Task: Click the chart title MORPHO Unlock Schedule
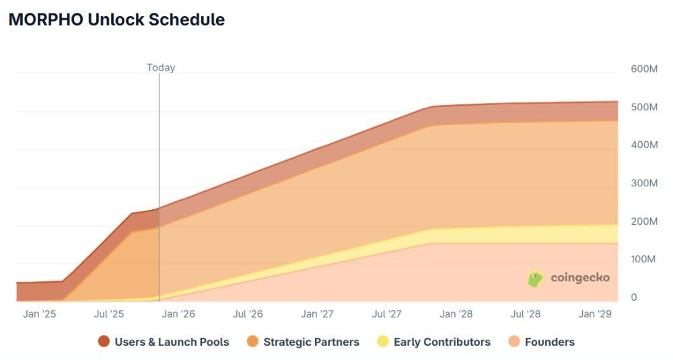[116, 20]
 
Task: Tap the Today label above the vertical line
[161, 67]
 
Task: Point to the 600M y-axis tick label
[644, 69]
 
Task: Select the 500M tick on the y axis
[644, 107]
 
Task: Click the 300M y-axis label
[644, 183]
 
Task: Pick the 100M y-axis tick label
[644, 259]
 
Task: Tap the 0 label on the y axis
[633, 297]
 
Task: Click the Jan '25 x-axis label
[40, 314]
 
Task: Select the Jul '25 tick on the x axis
[110, 314]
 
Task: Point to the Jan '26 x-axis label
[178, 314]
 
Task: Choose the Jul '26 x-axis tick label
[248, 314]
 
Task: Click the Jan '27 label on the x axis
[317, 314]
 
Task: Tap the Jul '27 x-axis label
[387, 314]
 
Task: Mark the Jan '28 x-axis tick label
[456, 314]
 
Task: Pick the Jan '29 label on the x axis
[596, 314]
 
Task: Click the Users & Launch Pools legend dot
[104, 342]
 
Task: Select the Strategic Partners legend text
[311, 342]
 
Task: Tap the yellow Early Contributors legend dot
[383, 342]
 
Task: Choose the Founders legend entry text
[549, 342]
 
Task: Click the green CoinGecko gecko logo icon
[535, 279]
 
